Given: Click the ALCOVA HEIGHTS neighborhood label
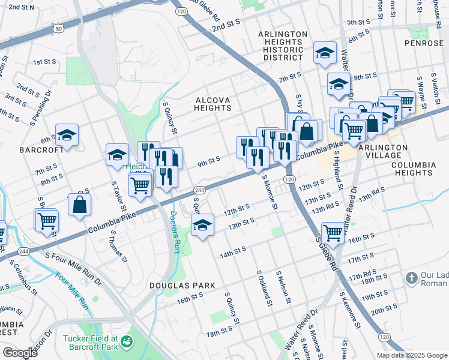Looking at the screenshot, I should click(x=212, y=103).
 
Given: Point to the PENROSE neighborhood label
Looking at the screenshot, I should click(x=427, y=44).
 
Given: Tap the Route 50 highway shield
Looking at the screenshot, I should click(x=58, y=28).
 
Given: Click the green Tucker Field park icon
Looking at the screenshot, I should click(x=127, y=343).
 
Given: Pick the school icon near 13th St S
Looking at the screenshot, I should click(x=202, y=226).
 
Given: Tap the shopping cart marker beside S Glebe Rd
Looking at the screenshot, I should click(x=333, y=233).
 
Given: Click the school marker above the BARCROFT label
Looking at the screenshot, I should click(x=67, y=135).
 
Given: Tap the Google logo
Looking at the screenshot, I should click(x=20, y=353).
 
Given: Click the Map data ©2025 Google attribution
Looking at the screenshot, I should click(x=412, y=355).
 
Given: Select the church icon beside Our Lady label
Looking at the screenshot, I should click(x=411, y=278).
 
